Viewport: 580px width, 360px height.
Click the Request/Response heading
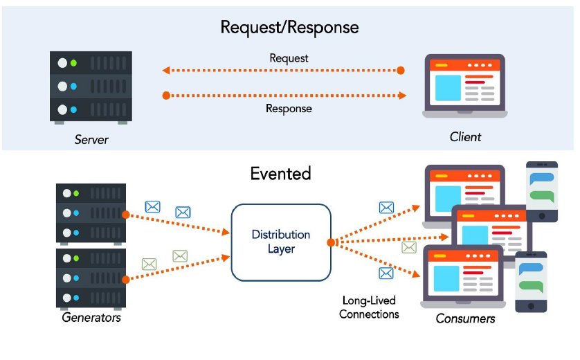click(x=289, y=28)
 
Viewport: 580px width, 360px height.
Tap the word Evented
click(x=281, y=174)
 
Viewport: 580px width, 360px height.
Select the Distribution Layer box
click(x=281, y=242)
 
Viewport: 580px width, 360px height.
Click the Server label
click(x=91, y=140)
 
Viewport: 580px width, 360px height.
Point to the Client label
click(x=465, y=137)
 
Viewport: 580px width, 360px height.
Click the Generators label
click(x=91, y=318)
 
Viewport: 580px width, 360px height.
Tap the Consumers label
click(x=465, y=318)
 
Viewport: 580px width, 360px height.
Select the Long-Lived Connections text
click(x=369, y=307)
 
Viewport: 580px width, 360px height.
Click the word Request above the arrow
click(x=289, y=58)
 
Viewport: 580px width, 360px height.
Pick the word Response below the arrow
click(x=289, y=109)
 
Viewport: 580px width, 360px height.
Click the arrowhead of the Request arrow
click(x=166, y=71)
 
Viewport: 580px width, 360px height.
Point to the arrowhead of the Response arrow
click(x=402, y=96)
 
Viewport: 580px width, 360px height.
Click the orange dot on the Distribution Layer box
click(x=331, y=242)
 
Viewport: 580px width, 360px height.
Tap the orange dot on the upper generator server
click(x=126, y=215)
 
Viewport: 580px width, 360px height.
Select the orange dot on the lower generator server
click(x=126, y=279)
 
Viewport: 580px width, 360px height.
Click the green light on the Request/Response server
click(x=73, y=63)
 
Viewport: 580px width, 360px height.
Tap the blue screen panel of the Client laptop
click(x=448, y=88)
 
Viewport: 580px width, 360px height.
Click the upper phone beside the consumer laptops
click(x=542, y=192)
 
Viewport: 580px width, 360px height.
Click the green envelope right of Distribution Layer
click(x=409, y=247)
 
